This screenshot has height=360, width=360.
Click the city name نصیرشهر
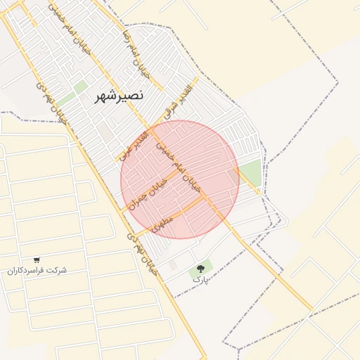click(120, 96)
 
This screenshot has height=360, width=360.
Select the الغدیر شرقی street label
click(176, 102)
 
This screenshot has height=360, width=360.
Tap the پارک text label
click(201, 280)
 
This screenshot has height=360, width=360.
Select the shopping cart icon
click(37, 260)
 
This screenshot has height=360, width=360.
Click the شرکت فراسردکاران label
click(37, 271)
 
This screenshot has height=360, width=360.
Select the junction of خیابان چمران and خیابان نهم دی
click(123, 210)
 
